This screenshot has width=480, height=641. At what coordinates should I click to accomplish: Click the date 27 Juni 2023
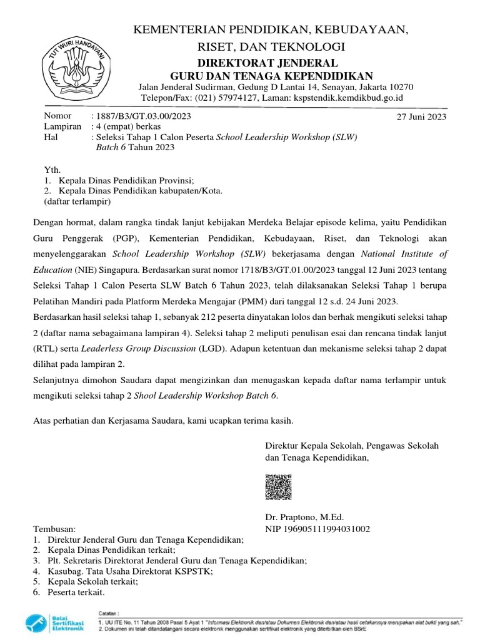click(x=422, y=117)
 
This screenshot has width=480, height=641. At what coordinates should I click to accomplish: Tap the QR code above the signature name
click(x=278, y=487)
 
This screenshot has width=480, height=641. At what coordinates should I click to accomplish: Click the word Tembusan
click(x=54, y=529)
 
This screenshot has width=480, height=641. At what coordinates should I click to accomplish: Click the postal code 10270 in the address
click(x=399, y=86)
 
